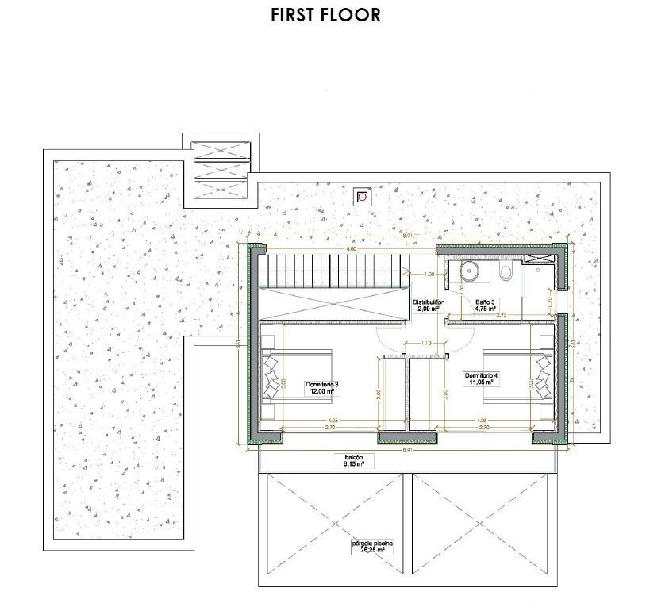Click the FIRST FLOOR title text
325,15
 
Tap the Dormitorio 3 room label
322,388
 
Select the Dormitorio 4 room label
481,378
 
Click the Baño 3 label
485,305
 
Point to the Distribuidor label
428,305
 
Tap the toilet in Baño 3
506,274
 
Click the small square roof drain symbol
362,196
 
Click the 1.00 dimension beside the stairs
429,275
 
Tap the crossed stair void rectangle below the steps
333,305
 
